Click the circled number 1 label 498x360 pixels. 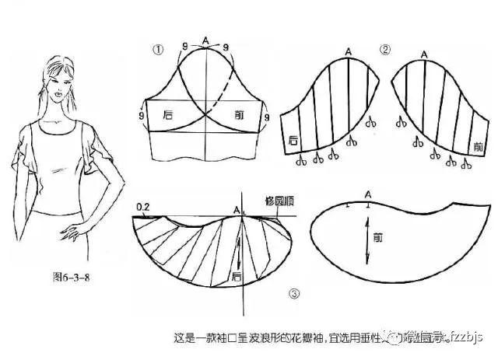[x=158, y=49]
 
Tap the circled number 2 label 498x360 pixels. [x=384, y=50]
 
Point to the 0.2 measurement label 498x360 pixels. [x=142, y=207]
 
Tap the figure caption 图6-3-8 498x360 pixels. [x=64, y=276]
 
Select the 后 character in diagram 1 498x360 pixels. [x=168, y=114]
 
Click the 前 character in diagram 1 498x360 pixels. [x=240, y=114]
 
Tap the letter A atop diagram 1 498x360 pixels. [x=205, y=39]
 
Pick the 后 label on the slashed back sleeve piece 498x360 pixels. [x=293, y=141]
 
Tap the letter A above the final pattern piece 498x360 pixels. [x=368, y=194]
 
